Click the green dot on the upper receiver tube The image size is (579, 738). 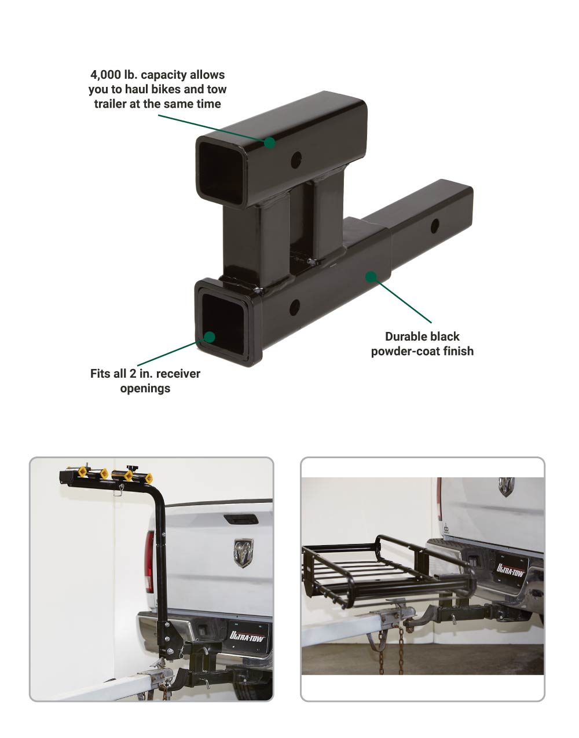point(269,143)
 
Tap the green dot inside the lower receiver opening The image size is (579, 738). point(210,337)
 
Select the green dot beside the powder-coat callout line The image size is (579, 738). point(371,276)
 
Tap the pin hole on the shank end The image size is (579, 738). point(434,226)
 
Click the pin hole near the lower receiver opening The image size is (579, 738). point(295,306)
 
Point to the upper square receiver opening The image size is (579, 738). point(221,173)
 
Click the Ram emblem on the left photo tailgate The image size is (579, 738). point(244,552)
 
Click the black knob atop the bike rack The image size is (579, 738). point(131,468)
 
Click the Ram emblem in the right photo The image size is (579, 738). point(507,487)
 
